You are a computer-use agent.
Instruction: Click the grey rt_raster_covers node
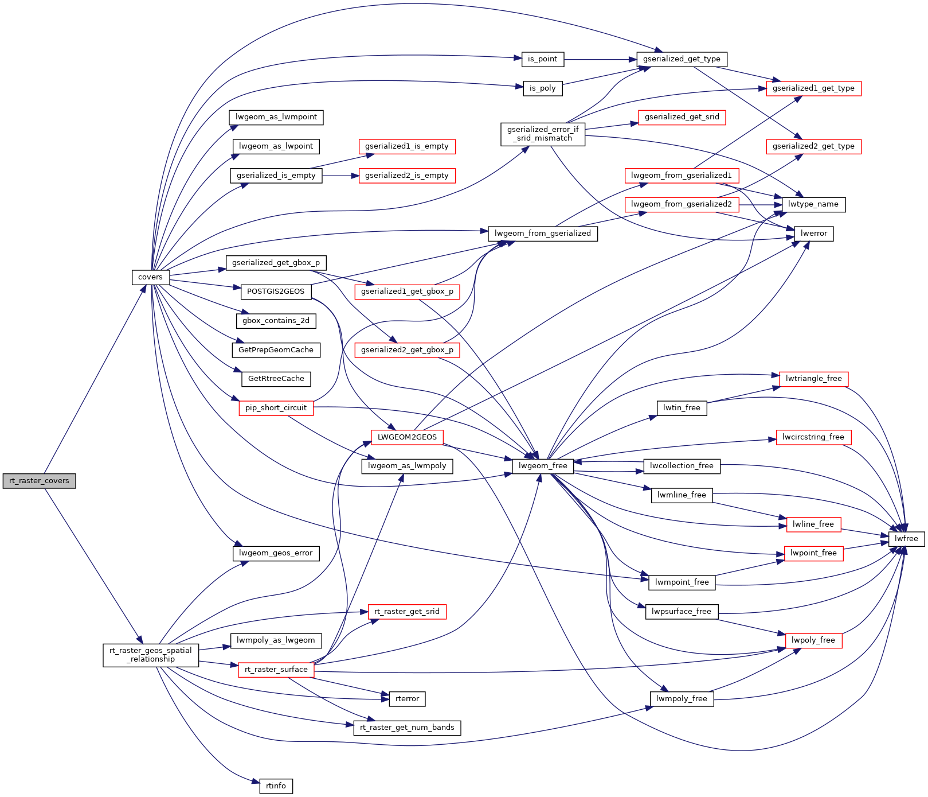pyautogui.click(x=39, y=481)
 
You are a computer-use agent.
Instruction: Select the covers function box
pyautogui.click(x=150, y=277)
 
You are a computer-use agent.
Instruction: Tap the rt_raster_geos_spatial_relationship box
pyautogui.click(x=151, y=655)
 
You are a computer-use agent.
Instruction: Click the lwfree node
pyautogui.click(x=906, y=539)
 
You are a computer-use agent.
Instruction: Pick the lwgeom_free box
pyautogui.click(x=543, y=466)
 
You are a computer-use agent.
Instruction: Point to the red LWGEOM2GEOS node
pyautogui.click(x=407, y=437)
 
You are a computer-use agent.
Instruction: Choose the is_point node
pyautogui.click(x=542, y=59)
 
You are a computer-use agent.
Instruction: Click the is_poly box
pyautogui.click(x=542, y=88)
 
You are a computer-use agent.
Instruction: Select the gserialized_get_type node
pyautogui.click(x=682, y=59)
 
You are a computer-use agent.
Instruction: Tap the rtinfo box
pyautogui.click(x=276, y=786)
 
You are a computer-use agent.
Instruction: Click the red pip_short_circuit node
pyautogui.click(x=276, y=408)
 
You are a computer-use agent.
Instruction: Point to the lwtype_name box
pyautogui.click(x=813, y=204)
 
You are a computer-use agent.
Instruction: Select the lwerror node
pyautogui.click(x=814, y=234)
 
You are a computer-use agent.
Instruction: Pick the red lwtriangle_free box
pyautogui.click(x=814, y=379)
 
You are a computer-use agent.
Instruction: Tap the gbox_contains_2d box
pyautogui.click(x=276, y=321)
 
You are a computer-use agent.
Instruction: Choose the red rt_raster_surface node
pyautogui.click(x=276, y=670)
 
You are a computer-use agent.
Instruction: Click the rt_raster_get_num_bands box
pyautogui.click(x=407, y=728)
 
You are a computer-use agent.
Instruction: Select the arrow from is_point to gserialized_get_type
pyautogui.click(x=600, y=59)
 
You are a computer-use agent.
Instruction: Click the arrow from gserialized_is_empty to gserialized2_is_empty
pyautogui.click(x=340, y=176)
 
